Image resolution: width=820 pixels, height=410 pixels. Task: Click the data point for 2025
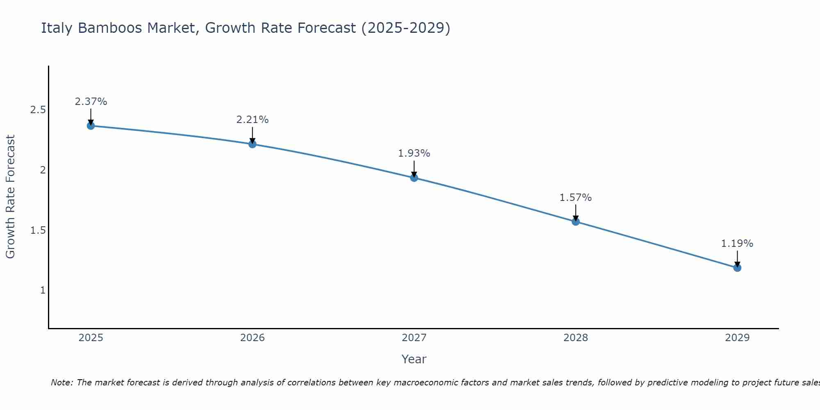[91, 126]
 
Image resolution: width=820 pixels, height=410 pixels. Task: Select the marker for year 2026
[253, 144]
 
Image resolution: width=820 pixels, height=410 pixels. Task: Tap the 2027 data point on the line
[414, 178]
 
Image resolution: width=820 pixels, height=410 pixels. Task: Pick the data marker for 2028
[576, 221]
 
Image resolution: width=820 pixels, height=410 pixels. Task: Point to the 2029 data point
[737, 268]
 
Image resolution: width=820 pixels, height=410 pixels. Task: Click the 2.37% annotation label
[91, 102]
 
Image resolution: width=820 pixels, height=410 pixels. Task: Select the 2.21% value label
[253, 120]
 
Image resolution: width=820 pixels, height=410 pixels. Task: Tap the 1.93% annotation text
[414, 153]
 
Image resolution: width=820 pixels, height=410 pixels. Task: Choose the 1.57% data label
[576, 198]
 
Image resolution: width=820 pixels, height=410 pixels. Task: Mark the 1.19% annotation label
[737, 244]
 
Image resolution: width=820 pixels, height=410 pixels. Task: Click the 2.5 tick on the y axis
[38, 110]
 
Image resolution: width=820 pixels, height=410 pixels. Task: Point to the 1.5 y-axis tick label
[38, 230]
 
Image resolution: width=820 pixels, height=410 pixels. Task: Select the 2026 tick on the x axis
[253, 338]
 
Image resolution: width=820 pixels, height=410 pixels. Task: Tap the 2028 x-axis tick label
[576, 338]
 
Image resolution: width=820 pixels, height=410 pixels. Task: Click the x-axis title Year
[414, 359]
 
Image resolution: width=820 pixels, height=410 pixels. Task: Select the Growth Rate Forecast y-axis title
[11, 197]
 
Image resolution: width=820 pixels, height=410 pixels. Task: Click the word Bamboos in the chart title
[110, 28]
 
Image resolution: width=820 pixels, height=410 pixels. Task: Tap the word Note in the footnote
[61, 383]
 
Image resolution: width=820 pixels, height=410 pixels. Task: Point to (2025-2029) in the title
[406, 28]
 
